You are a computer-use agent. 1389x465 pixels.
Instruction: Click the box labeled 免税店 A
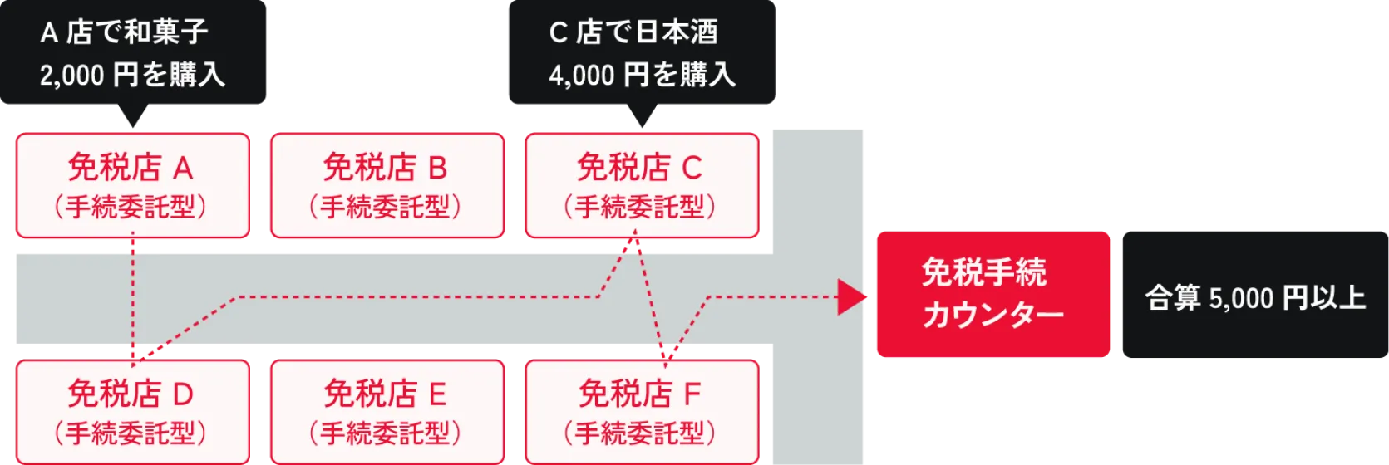[x=133, y=185]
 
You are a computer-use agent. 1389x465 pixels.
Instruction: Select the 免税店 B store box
[x=387, y=185]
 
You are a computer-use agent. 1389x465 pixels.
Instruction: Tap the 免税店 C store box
[x=642, y=185]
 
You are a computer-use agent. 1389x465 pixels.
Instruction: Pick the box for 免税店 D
[x=133, y=411]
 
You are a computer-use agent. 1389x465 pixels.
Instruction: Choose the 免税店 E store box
[x=387, y=411]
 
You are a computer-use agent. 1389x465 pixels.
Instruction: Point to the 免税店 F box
[x=642, y=411]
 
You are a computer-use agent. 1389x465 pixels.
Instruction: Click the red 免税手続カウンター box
[x=992, y=294]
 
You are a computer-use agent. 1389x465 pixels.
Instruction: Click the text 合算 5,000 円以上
[x=1255, y=297]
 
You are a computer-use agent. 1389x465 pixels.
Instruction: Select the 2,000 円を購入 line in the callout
[x=133, y=76]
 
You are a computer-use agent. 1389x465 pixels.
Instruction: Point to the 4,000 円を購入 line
[x=642, y=76]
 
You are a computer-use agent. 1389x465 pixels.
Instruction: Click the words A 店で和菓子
[x=125, y=32]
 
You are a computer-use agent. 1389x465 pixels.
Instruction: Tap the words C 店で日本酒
[x=633, y=32]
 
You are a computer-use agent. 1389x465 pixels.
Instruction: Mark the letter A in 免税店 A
[x=183, y=169]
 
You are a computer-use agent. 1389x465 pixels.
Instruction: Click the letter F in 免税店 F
[x=692, y=394]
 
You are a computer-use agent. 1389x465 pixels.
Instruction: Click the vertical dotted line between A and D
[x=133, y=299]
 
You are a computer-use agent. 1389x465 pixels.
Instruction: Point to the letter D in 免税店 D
[x=183, y=394]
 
